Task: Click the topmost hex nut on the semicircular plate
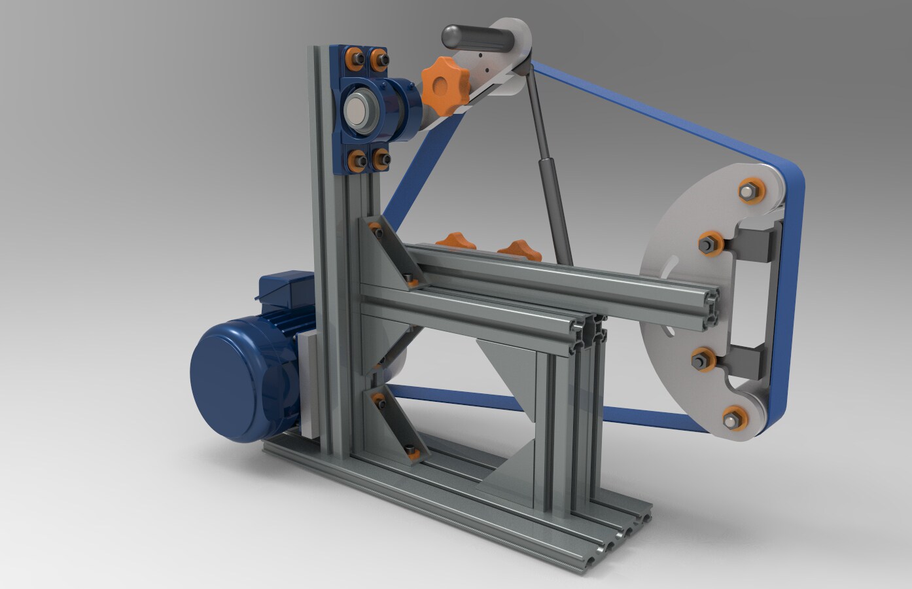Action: click(x=748, y=191)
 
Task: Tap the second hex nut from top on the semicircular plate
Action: click(x=709, y=243)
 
